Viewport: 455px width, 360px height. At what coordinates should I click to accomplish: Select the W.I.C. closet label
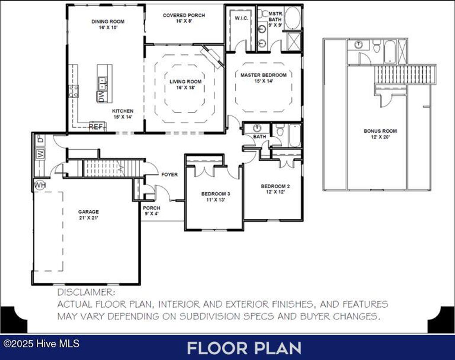[x=241, y=18]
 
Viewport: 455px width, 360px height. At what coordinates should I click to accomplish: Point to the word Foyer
[x=169, y=174]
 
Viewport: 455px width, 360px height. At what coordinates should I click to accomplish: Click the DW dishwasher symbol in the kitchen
[x=102, y=97]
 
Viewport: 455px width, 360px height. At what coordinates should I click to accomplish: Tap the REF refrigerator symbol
[x=96, y=127]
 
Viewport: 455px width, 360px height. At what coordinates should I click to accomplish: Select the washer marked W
[x=40, y=154]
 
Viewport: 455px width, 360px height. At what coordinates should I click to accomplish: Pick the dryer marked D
[x=40, y=140]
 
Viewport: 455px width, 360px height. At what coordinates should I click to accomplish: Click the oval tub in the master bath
[x=292, y=18]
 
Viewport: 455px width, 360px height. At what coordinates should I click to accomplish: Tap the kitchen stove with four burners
[x=74, y=91]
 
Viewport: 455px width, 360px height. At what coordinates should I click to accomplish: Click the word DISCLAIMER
[x=86, y=293]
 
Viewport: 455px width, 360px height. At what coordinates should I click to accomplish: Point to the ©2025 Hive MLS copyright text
[x=41, y=344]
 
